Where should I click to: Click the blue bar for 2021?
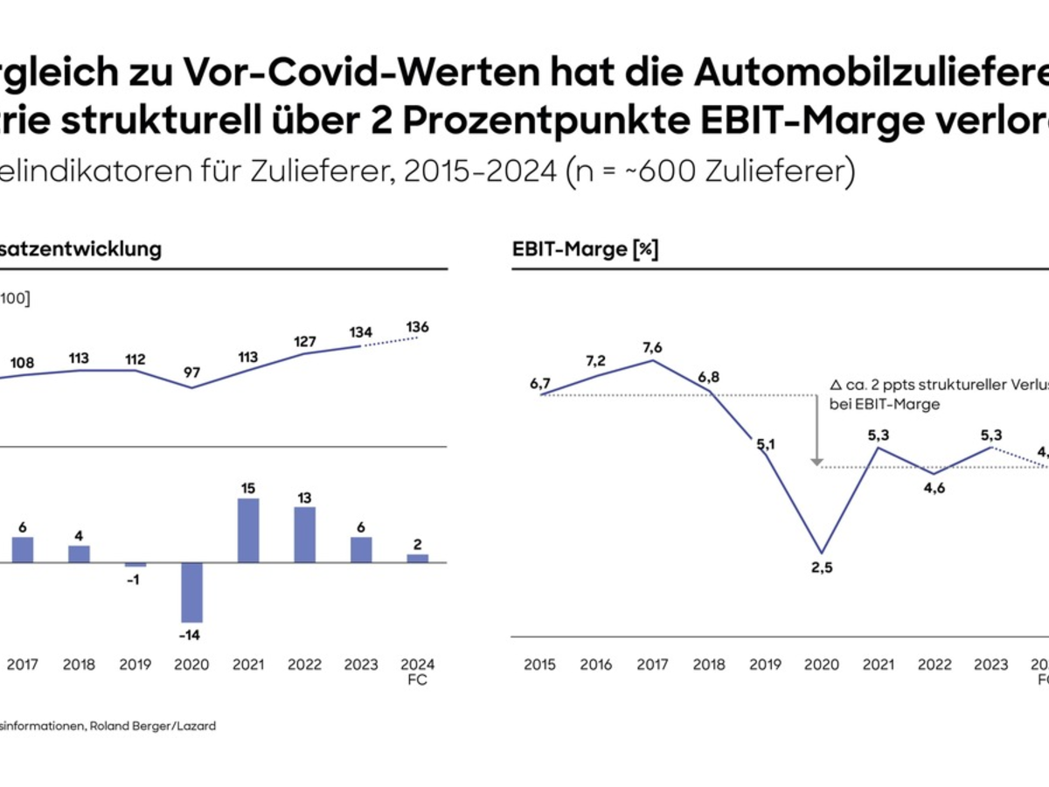[x=248, y=530]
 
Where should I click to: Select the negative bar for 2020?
[x=192, y=592]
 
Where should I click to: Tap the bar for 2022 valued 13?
[x=305, y=534]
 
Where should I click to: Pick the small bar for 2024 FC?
[x=418, y=557]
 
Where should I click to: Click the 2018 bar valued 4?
[x=80, y=554]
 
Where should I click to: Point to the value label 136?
[x=418, y=327]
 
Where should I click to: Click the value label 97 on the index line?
[x=192, y=373]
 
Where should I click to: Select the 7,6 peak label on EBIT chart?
[x=652, y=347]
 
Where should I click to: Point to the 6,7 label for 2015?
[x=540, y=383]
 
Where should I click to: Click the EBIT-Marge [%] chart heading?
[x=585, y=249]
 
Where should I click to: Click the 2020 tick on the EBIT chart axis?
[x=821, y=665]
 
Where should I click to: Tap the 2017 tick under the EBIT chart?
[x=652, y=665]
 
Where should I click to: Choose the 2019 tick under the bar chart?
[x=135, y=665]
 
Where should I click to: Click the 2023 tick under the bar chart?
[x=361, y=665]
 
